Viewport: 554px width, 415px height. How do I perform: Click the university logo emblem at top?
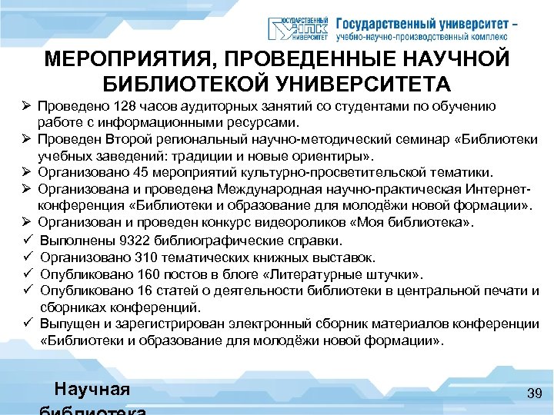click(297, 28)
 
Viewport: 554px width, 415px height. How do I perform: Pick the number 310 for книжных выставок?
click(133, 257)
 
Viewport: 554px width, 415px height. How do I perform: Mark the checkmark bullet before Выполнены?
click(26, 240)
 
